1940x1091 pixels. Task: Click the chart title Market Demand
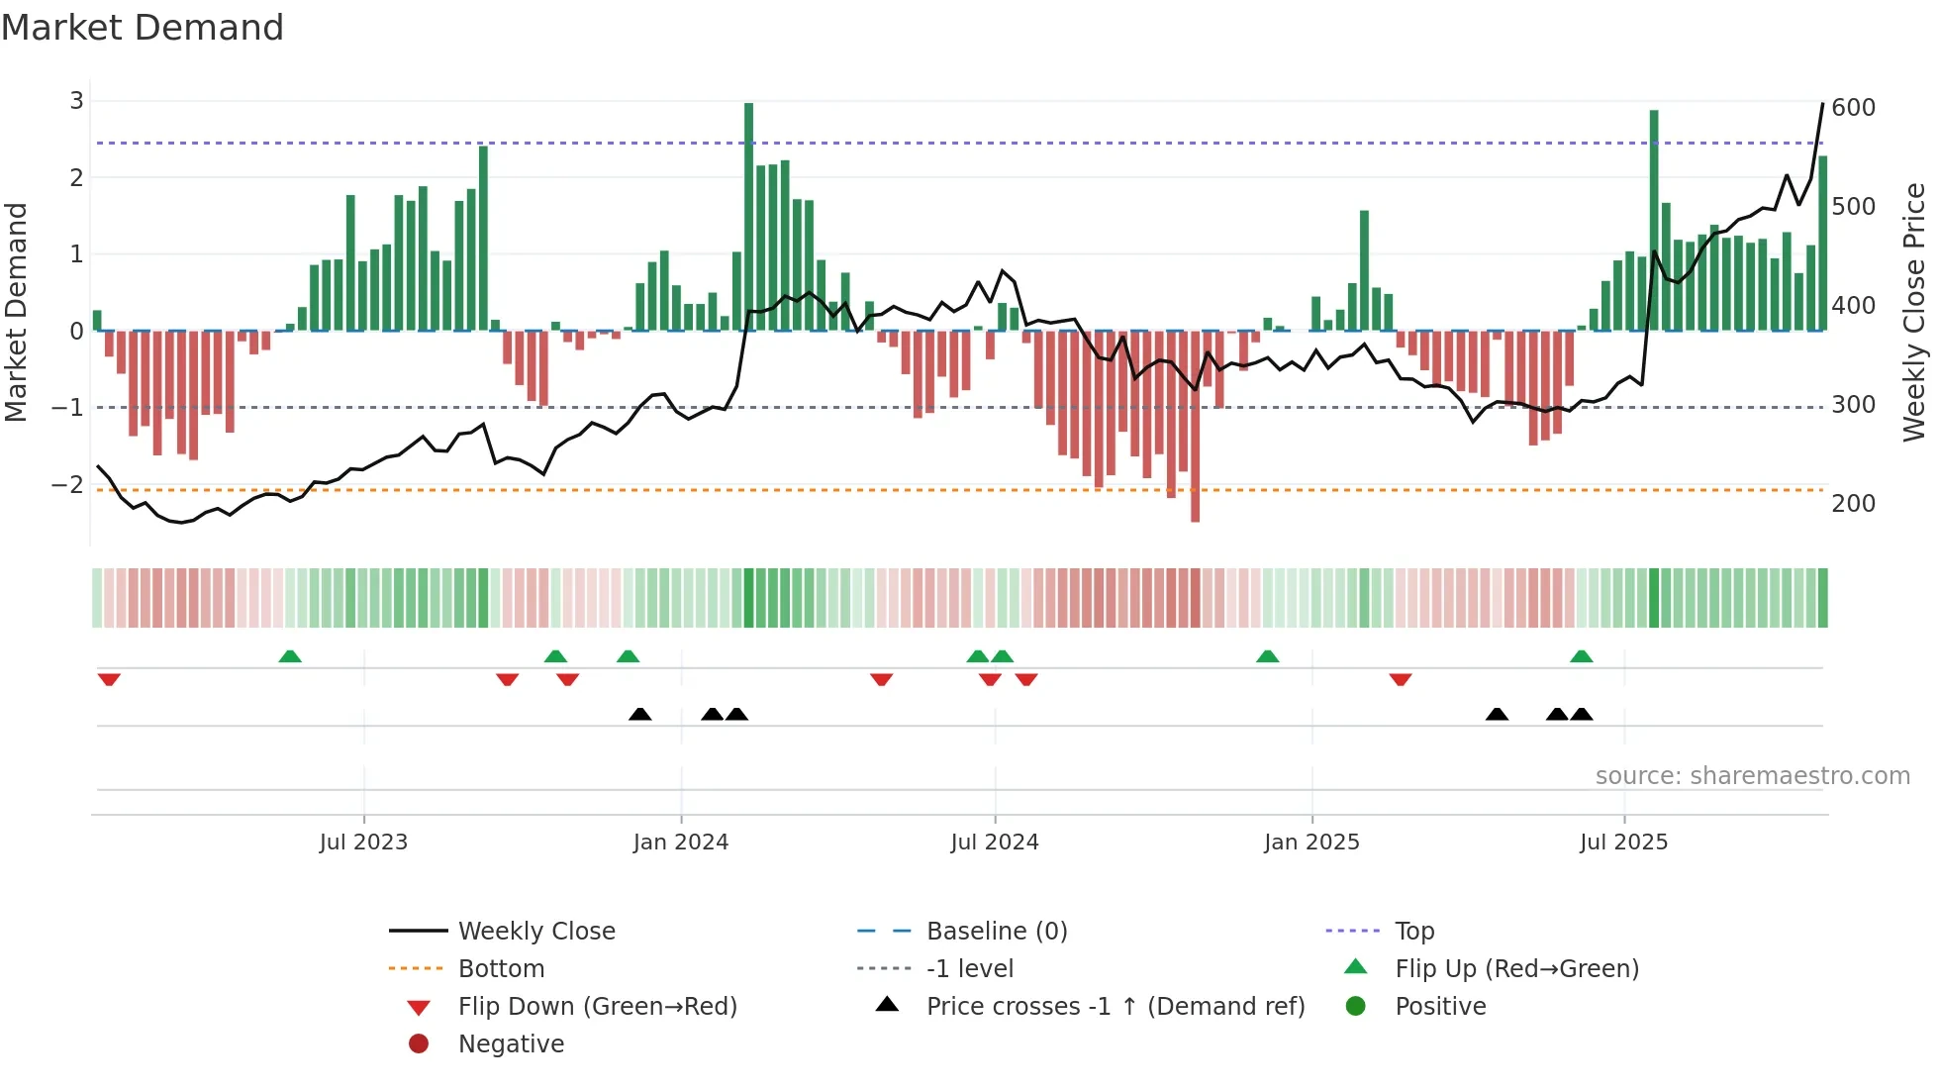pos(143,28)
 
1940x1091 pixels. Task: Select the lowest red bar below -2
pos(1195,426)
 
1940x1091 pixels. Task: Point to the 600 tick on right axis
pos(1853,107)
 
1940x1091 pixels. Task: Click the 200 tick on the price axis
pos(1853,503)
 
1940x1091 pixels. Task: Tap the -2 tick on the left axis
pos(67,484)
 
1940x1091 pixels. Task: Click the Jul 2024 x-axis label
pos(994,842)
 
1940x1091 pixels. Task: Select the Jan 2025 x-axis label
pos(1311,842)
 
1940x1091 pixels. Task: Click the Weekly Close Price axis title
pos(1914,312)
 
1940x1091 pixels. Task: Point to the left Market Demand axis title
pos(16,312)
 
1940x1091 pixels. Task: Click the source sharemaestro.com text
pos(1752,775)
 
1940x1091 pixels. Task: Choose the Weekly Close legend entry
pos(535,931)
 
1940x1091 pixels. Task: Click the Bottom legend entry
pos(501,968)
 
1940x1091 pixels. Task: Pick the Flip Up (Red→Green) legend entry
pos(1516,968)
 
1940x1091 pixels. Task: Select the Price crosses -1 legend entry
pos(1115,1006)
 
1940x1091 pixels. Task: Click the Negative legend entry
pos(511,1043)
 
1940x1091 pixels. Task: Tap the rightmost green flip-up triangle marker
pos(1581,656)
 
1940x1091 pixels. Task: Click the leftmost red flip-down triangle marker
pos(109,679)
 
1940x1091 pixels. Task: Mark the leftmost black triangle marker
pos(640,714)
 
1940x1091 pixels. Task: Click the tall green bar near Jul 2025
pos(1654,220)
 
